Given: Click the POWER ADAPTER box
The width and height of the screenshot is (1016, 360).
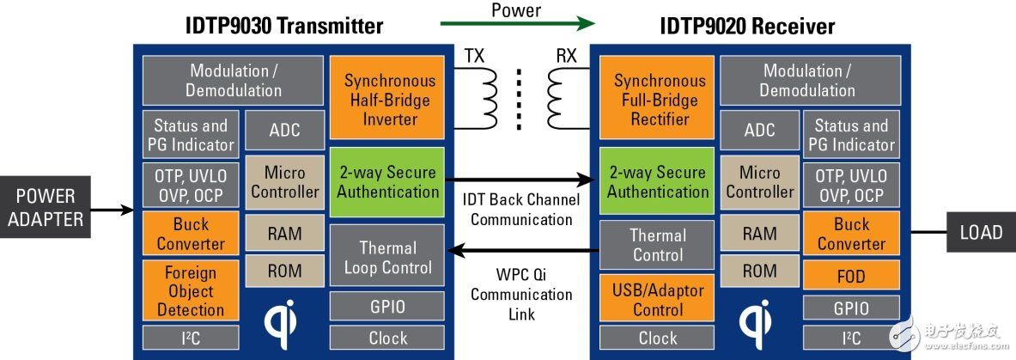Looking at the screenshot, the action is click(46, 207).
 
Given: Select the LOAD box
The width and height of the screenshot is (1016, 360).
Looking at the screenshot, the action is click(981, 232).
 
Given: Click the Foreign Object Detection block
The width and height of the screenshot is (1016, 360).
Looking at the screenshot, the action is click(191, 291).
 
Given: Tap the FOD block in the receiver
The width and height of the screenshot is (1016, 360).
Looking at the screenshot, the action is click(851, 276).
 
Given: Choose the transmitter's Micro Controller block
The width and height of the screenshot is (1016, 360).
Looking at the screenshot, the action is click(285, 181).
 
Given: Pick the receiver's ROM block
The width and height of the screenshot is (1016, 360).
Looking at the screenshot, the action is click(759, 271).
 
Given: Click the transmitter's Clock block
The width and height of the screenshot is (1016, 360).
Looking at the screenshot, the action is click(387, 338).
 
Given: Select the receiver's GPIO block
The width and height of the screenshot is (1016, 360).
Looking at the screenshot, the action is click(851, 307).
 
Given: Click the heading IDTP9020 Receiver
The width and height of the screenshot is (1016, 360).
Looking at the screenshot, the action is click(747, 27).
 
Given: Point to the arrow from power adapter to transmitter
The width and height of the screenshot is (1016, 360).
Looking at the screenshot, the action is click(113, 210).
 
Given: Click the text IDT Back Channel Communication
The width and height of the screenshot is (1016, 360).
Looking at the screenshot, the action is click(521, 210).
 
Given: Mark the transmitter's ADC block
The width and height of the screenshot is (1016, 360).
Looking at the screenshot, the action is click(285, 130).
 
